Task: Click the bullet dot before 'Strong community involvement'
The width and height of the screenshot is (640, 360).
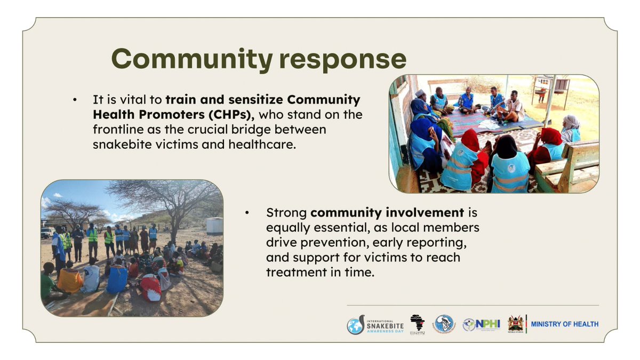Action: pyautogui.click(x=247, y=213)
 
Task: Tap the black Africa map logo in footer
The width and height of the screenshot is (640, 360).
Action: pyautogui.click(x=417, y=324)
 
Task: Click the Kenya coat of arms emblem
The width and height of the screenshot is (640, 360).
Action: pyautogui.click(x=515, y=324)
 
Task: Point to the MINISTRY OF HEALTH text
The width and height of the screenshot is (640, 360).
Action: pyautogui.click(x=565, y=324)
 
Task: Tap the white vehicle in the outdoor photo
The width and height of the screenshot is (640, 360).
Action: pyautogui.click(x=47, y=233)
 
